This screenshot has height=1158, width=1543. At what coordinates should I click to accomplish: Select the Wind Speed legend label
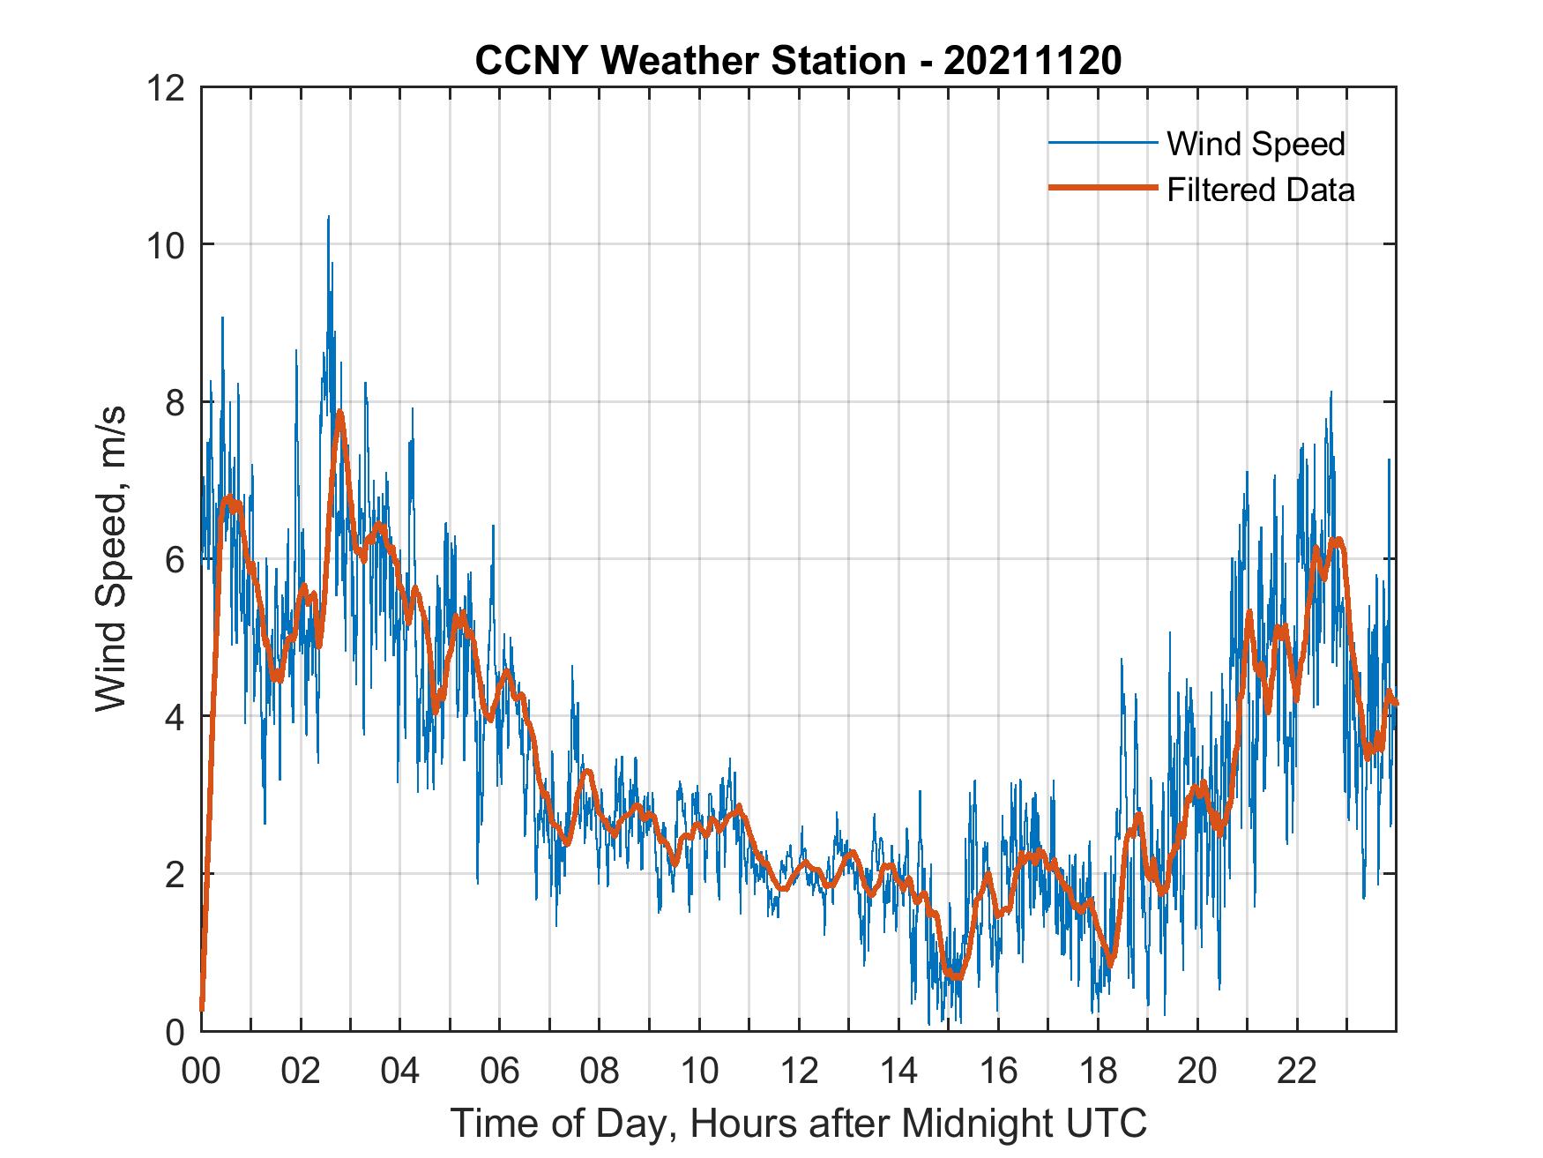pyautogui.click(x=1256, y=144)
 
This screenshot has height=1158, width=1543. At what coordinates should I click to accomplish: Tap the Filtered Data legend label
pyautogui.click(x=1260, y=190)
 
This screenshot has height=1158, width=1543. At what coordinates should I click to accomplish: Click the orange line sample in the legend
pyautogui.click(x=1101, y=188)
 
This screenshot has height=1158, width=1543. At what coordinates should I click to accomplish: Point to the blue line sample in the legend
pyautogui.click(x=1101, y=143)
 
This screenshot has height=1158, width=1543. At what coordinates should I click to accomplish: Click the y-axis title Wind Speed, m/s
pyautogui.click(x=111, y=558)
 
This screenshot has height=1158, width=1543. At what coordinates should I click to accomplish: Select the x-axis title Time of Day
pyautogui.click(x=798, y=1123)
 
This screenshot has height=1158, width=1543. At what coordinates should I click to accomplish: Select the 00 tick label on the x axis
pyautogui.click(x=201, y=1071)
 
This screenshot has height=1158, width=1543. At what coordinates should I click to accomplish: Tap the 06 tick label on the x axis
pyautogui.click(x=500, y=1071)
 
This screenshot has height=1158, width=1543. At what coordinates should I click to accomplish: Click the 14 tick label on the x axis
pyautogui.click(x=898, y=1071)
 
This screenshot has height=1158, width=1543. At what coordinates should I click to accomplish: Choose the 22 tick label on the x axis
pyautogui.click(x=1297, y=1071)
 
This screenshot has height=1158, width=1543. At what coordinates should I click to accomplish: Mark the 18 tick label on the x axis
pyautogui.click(x=1098, y=1071)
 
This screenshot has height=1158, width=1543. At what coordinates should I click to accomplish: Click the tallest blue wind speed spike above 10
pyautogui.click(x=329, y=217)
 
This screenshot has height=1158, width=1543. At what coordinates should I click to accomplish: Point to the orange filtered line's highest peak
pyautogui.click(x=339, y=412)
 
